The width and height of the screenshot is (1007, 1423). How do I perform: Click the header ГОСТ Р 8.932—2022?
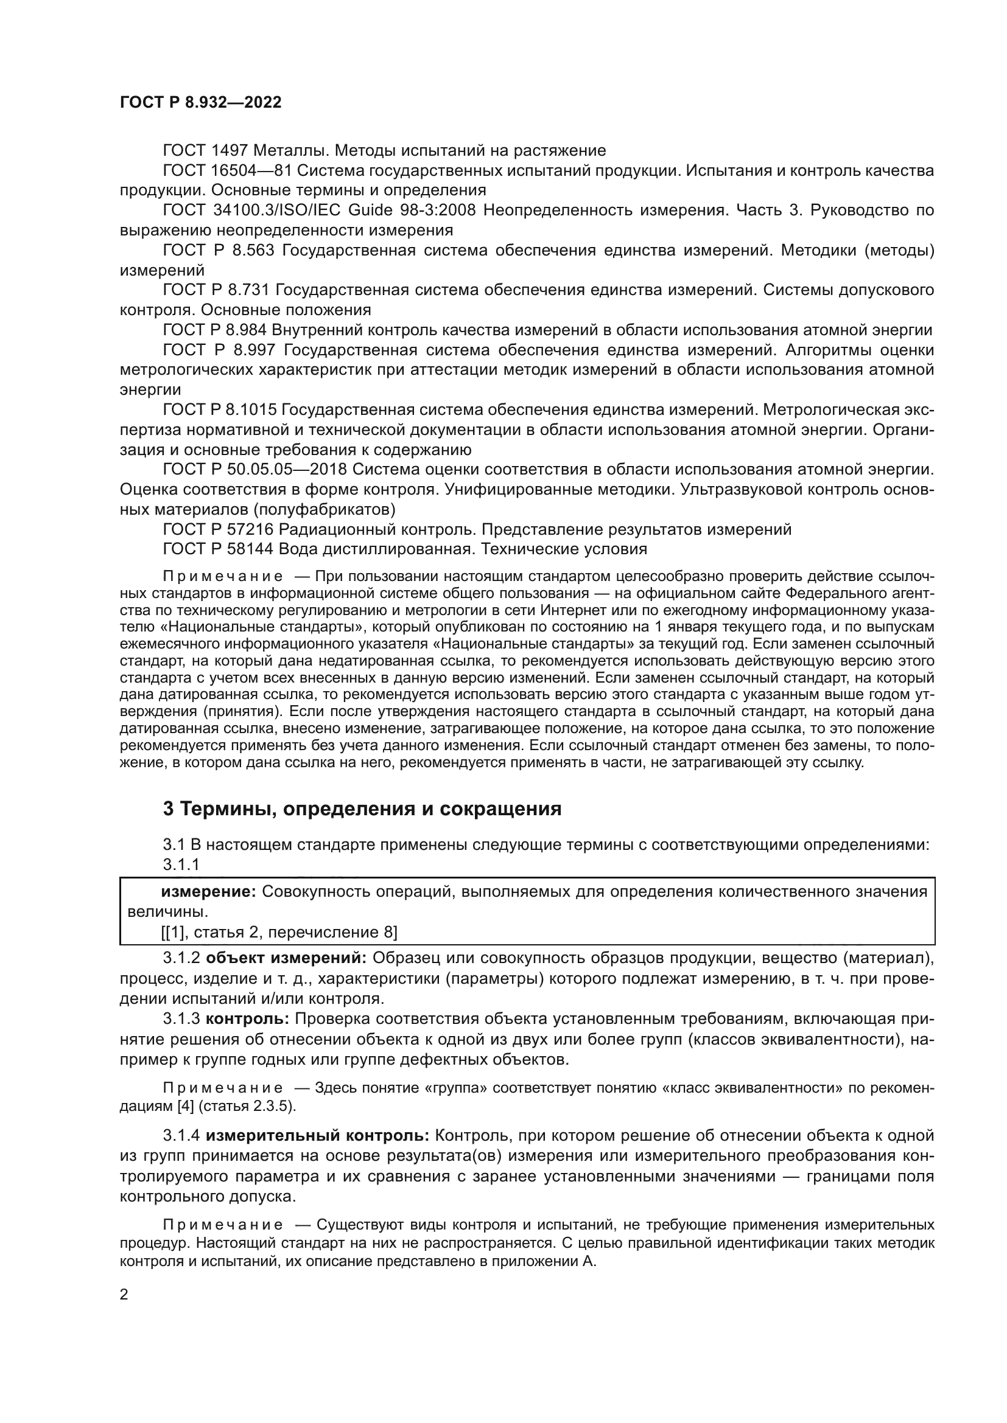[200, 103]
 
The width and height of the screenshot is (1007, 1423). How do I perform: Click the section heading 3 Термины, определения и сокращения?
[362, 809]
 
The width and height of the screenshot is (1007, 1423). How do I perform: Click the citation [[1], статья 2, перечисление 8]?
[279, 932]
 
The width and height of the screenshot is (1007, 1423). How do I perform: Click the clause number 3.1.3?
[181, 1019]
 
